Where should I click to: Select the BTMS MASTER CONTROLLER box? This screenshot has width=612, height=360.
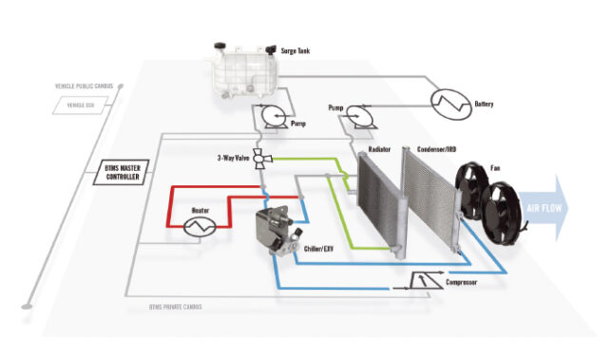point(124,172)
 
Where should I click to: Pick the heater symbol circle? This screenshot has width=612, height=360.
point(200,225)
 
